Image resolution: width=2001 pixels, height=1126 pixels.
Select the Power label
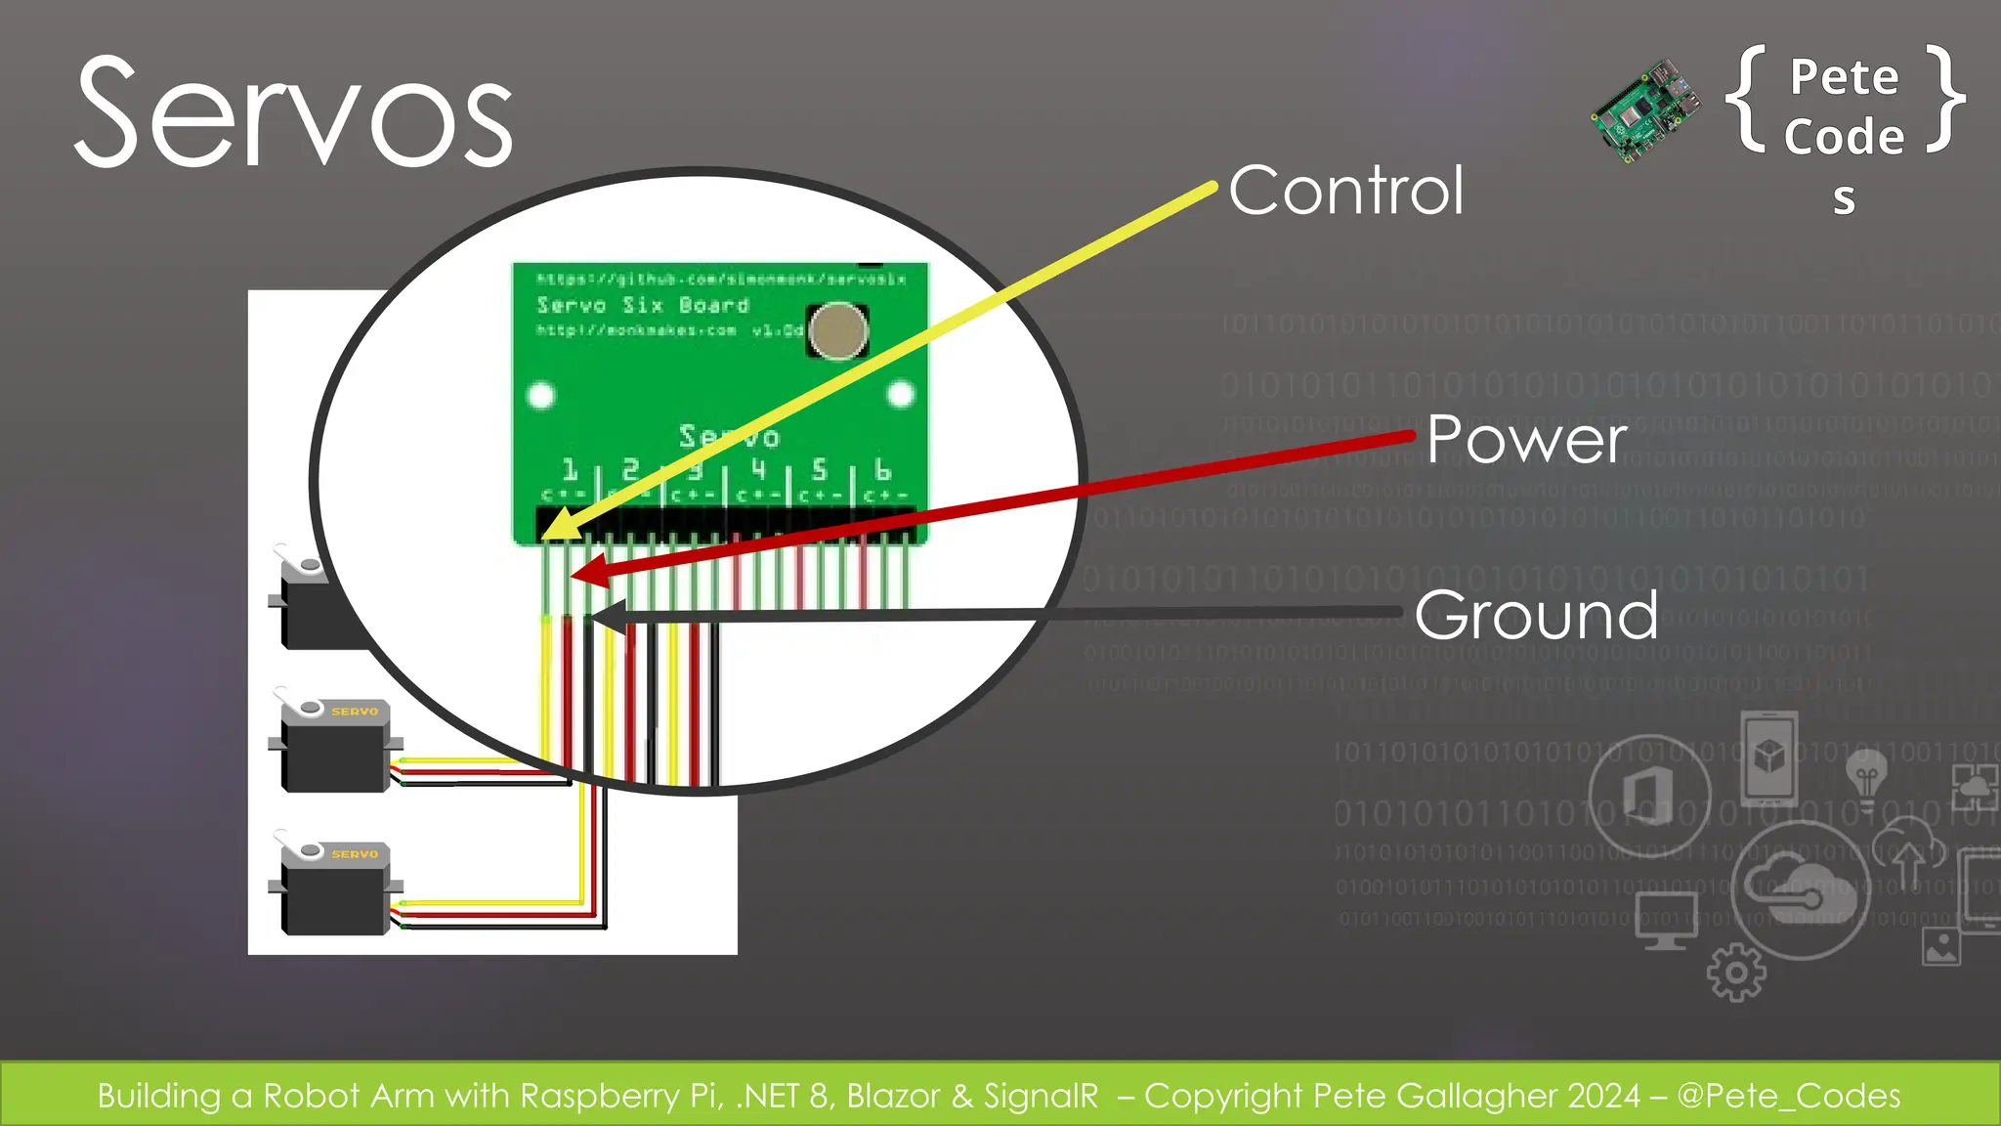point(1526,440)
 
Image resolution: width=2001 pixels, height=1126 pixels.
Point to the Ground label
point(1536,615)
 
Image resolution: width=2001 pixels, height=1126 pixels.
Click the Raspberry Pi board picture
point(1644,110)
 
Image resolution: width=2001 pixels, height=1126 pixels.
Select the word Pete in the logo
point(1844,77)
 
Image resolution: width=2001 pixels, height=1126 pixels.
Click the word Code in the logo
point(1844,137)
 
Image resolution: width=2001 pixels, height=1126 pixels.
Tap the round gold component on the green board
point(838,330)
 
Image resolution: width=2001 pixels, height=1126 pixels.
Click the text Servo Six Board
point(643,305)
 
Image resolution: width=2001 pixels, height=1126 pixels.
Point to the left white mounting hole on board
point(541,396)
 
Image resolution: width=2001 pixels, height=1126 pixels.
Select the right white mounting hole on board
point(901,394)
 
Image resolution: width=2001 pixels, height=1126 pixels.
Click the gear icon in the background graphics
point(1735,973)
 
